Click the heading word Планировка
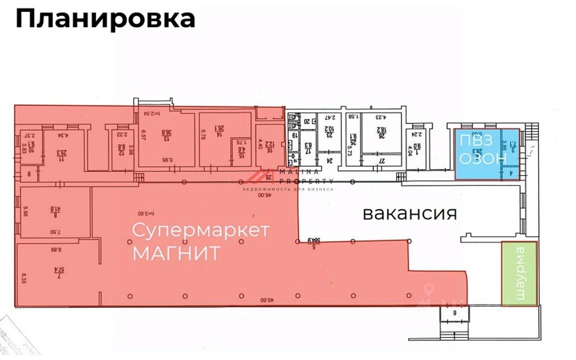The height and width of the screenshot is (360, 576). tap(105, 19)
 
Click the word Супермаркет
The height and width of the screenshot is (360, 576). tap(201, 231)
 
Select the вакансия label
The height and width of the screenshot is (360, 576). tap(410, 214)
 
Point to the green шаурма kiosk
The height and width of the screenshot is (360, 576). tap(520, 273)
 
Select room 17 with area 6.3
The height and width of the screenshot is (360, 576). tap(308, 148)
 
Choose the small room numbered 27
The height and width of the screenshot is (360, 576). tap(382, 161)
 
